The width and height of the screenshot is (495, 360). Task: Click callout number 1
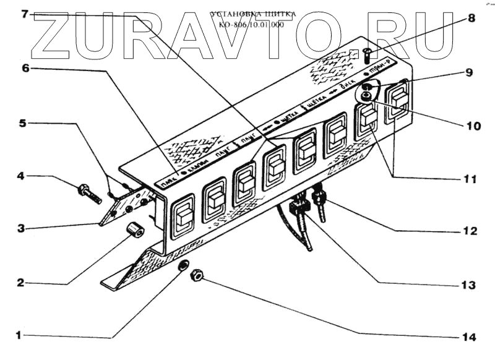pyautogui.click(x=19, y=335)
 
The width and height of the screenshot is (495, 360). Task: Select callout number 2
pyautogui.click(x=20, y=282)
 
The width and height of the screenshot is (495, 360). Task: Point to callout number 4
pyautogui.click(x=20, y=176)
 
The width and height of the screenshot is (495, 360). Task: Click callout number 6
pyautogui.click(x=25, y=69)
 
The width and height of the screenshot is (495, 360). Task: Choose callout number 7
pyautogui.click(x=25, y=14)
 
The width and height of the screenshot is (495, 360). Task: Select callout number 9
pyautogui.click(x=468, y=72)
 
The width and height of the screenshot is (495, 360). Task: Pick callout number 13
pyautogui.click(x=468, y=285)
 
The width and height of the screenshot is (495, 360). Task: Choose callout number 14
pyautogui.click(x=468, y=337)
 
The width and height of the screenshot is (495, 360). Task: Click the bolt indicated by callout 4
pyautogui.click(x=89, y=192)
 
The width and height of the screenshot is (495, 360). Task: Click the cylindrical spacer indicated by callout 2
pyautogui.click(x=136, y=231)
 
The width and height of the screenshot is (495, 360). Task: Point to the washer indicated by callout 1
pyautogui.click(x=184, y=265)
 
